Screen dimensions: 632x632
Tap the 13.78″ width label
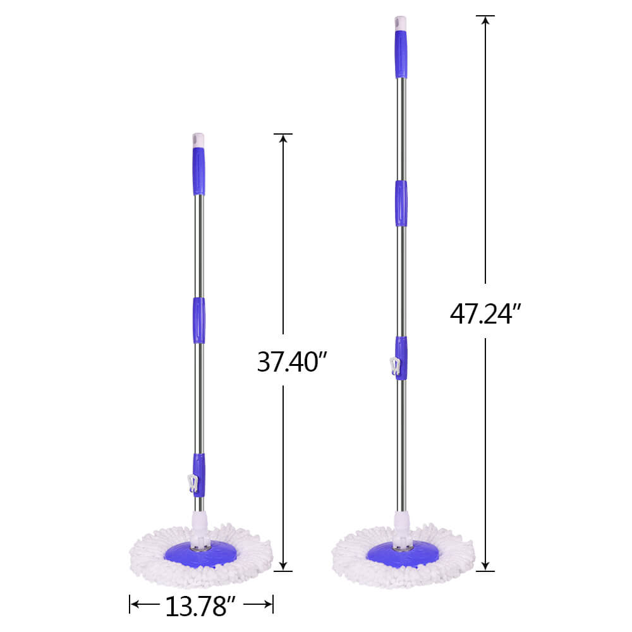201,607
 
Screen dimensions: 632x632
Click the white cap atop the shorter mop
198,140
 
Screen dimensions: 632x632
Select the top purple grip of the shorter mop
198,171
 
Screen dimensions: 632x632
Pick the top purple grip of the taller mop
401,55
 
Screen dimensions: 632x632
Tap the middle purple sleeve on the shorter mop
198,320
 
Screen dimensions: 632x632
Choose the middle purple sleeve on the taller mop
401,203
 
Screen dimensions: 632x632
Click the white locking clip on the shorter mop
193,483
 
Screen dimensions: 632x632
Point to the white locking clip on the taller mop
395,367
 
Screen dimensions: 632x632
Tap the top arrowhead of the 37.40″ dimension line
283,139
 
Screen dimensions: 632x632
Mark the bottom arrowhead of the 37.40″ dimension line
283,565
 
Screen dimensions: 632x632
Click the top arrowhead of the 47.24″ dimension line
485,21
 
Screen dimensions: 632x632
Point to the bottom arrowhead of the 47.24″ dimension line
485,565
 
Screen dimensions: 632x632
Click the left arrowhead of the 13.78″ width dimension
135,605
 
